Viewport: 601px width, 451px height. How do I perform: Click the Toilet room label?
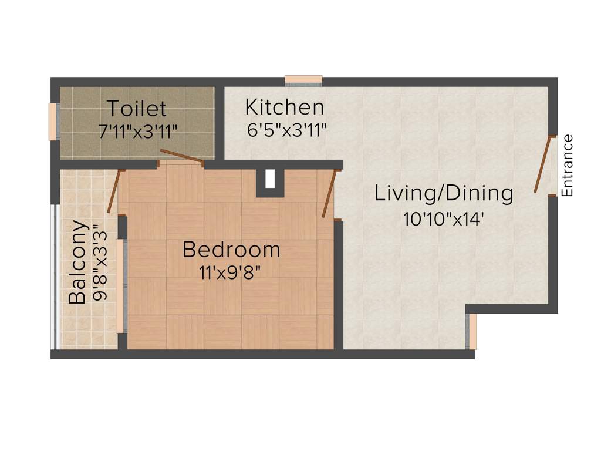click(x=136, y=109)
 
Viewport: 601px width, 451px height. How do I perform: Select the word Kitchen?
click(x=284, y=107)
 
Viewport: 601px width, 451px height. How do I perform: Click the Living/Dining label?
click(x=444, y=193)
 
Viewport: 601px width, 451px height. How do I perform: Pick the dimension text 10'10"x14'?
click(x=443, y=218)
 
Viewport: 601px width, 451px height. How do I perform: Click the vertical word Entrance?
click(x=567, y=166)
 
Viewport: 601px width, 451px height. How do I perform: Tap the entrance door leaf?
click(x=543, y=164)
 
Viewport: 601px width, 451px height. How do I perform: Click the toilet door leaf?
click(x=182, y=156)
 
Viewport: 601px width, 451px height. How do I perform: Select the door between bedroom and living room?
click(x=330, y=194)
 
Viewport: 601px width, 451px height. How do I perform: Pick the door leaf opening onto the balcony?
click(x=115, y=191)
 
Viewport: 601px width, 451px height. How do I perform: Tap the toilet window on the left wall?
click(x=53, y=122)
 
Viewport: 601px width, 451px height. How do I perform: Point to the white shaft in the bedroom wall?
click(x=270, y=179)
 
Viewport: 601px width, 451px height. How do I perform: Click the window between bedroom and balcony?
click(x=121, y=286)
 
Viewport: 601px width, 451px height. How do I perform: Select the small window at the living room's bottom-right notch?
click(x=471, y=332)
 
